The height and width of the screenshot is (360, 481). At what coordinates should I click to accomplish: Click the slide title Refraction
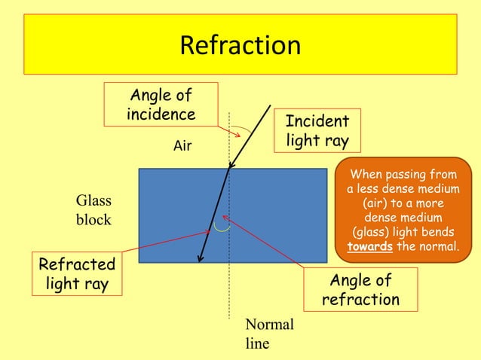240,46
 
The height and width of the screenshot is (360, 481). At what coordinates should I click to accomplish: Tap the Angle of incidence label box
161,105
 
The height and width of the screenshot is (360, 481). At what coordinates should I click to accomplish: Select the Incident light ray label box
317,131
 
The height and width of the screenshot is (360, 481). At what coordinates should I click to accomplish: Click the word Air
182,146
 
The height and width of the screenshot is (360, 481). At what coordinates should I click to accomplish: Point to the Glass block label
93,210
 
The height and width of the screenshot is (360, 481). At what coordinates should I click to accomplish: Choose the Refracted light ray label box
77,274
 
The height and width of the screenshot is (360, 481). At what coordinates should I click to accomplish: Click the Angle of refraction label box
360,290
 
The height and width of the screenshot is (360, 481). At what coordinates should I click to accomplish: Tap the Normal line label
269,334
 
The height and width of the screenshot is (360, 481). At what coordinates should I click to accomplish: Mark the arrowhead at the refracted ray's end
200,258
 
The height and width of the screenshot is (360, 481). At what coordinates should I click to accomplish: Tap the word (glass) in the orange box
374,232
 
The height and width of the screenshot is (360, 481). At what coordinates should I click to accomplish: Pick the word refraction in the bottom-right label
360,300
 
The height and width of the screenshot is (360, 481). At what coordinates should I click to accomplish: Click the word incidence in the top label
161,114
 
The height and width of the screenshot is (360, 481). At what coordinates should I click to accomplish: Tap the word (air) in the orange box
379,204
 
